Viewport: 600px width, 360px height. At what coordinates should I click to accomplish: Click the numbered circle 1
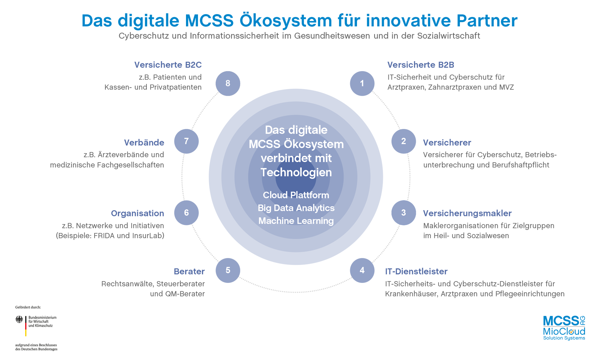point(362,83)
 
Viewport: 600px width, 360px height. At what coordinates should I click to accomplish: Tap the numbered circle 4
point(362,270)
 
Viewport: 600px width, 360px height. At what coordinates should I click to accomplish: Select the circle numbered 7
point(186,141)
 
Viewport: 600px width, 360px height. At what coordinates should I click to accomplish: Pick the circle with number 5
point(228,270)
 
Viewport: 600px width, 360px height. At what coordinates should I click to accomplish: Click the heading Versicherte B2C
point(168,65)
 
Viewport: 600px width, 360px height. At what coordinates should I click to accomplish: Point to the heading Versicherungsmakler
point(467,213)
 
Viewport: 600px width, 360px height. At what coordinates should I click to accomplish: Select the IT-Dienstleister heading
point(416,271)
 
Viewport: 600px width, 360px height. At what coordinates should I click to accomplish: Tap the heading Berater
point(189,271)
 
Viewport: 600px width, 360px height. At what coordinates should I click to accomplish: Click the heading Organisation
point(137,213)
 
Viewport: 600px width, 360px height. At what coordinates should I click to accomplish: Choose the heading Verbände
point(144,142)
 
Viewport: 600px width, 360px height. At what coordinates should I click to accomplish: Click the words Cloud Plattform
point(296,195)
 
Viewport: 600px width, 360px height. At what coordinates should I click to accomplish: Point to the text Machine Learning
point(296,221)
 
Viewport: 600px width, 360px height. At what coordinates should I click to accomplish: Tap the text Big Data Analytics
point(296,208)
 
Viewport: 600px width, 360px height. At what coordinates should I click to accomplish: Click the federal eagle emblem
point(19,319)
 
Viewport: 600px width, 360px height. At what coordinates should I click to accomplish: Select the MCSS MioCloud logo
point(564,328)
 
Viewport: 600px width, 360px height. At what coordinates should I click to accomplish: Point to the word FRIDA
point(104,235)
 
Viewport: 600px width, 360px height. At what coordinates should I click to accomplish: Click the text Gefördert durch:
point(28,307)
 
